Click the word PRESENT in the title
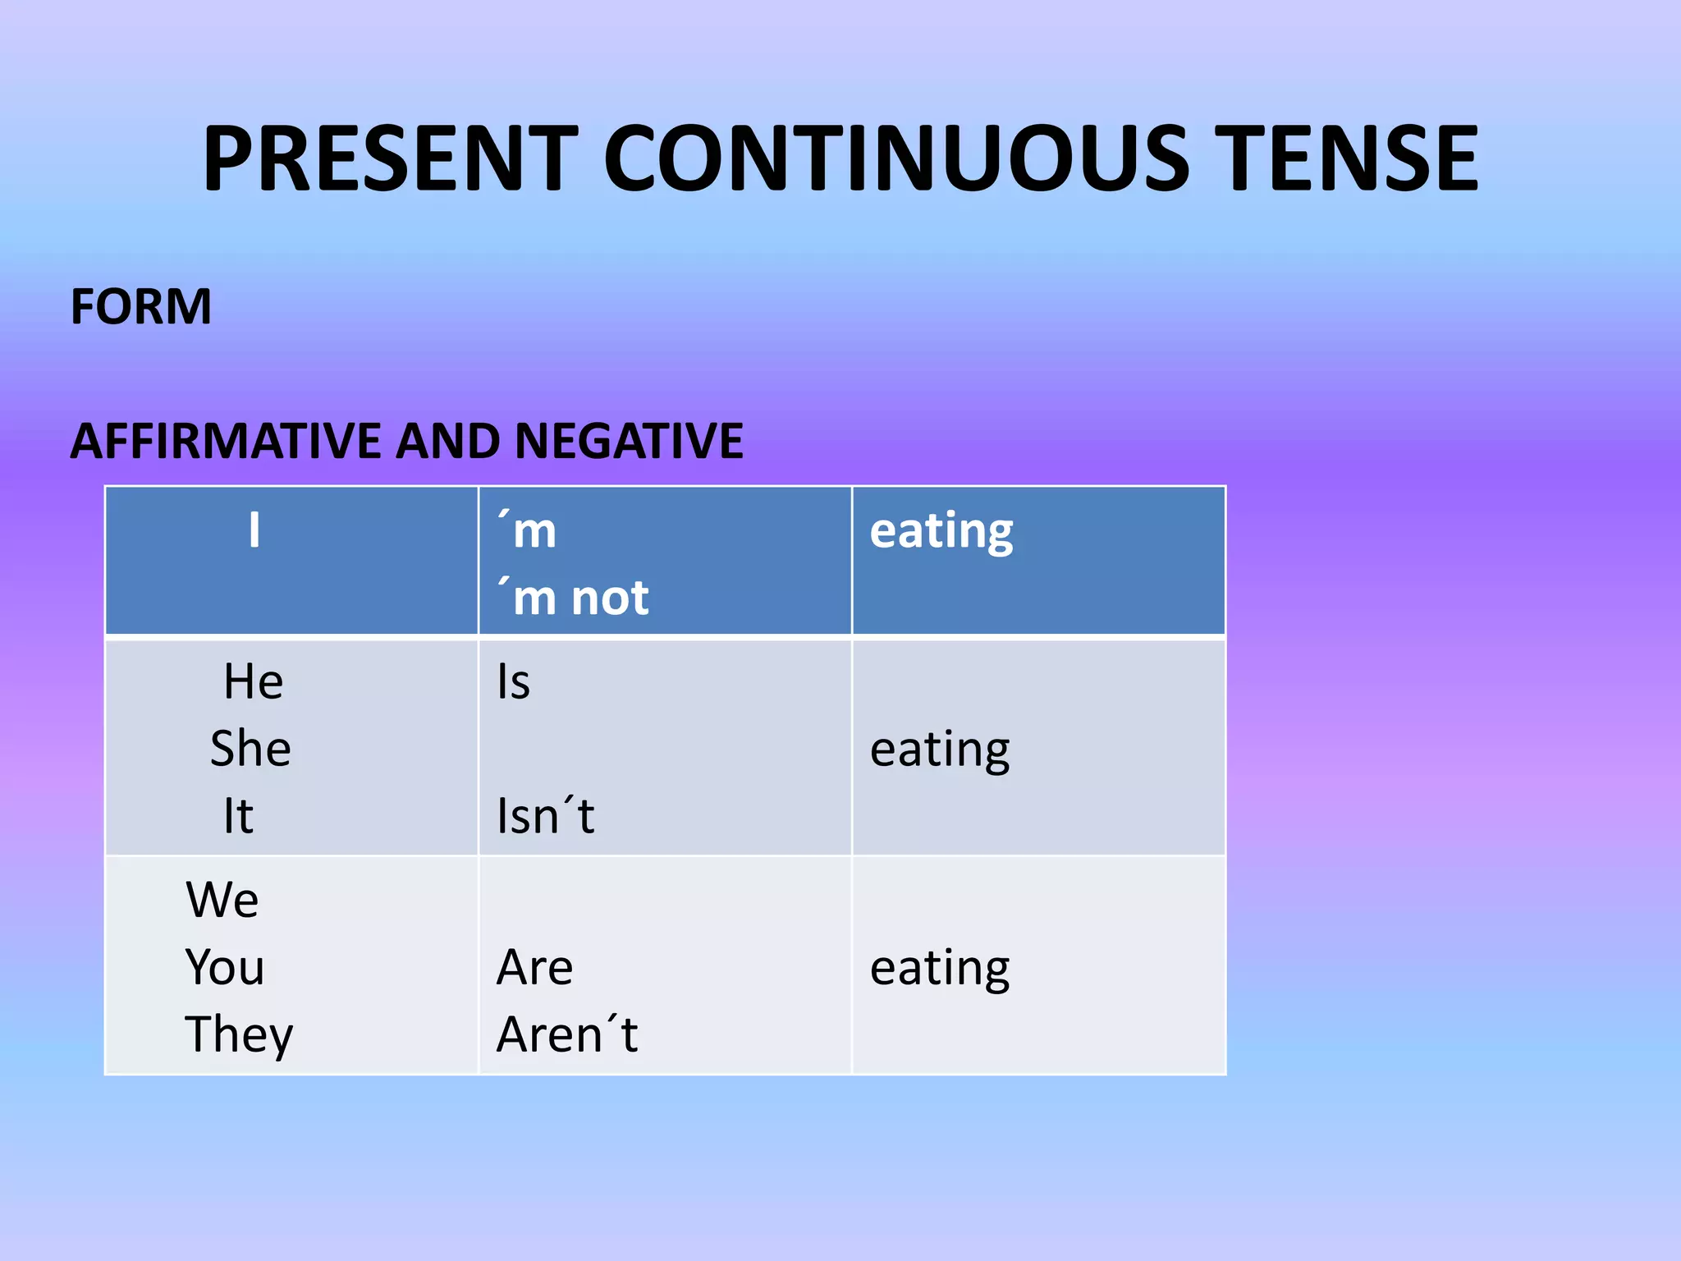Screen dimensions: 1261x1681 point(391,158)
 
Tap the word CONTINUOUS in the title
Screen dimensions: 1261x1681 point(895,158)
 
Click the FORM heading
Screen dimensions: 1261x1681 point(141,307)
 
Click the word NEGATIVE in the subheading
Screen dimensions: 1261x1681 point(629,441)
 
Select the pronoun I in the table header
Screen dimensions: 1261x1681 point(254,530)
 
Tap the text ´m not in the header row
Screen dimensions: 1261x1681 point(573,598)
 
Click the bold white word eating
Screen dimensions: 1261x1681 point(941,531)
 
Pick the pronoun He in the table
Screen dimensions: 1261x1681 point(254,682)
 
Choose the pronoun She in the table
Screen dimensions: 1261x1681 point(250,749)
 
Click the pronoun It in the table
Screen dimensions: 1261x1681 point(238,816)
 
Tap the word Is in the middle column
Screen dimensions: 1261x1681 point(514,682)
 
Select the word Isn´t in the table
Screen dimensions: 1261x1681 point(546,816)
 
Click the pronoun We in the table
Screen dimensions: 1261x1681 point(222,900)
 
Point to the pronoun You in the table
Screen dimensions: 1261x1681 point(224,967)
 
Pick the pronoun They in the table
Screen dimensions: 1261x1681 point(239,1034)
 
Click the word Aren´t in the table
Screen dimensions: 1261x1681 point(567,1034)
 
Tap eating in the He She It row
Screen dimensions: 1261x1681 point(940,750)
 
